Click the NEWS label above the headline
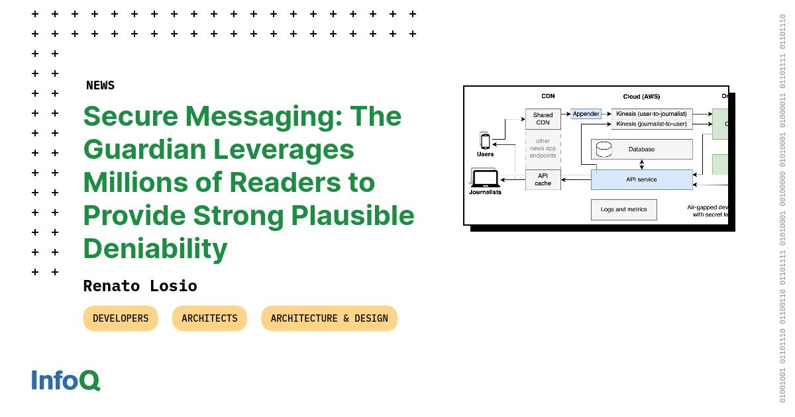click(100, 85)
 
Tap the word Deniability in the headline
click(155, 249)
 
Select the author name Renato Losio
click(140, 286)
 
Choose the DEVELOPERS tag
click(121, 318)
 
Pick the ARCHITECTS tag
click(209, 318)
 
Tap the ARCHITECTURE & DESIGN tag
click(329, 318)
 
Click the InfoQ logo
click(66, 381)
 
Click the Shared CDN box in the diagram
click(543, 119)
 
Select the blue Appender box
click(586, 114)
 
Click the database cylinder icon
click(604, 148)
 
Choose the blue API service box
click(641, 179)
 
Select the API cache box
click(543, 179)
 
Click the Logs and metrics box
click(623, 210)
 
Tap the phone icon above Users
click(485, 141)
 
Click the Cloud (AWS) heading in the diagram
click(641, 97)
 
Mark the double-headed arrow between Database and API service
click(641, 164)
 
